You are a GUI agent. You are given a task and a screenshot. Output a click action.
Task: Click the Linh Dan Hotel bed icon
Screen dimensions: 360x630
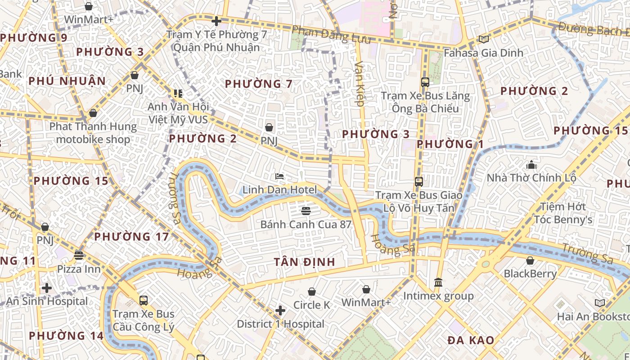[x=279, y=176]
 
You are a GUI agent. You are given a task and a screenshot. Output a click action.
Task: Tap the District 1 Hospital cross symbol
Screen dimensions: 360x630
[x=280, y=310]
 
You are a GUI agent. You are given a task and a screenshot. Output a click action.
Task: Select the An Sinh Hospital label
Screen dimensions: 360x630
[x=47, y=301]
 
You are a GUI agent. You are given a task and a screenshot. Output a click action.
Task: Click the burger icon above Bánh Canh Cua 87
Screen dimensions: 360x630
[x=306, y=211]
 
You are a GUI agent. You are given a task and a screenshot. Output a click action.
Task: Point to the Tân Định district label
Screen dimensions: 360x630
[x=305, y=262]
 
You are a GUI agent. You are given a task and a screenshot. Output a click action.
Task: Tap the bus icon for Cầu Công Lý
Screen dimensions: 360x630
[x=144, y=300]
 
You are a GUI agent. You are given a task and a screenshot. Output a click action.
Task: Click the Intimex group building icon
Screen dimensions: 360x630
[x=438, y=283]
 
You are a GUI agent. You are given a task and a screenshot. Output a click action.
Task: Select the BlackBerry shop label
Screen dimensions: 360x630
[x=530, y=273]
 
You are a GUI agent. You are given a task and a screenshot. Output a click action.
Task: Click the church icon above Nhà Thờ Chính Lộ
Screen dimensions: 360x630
[x=531, y=165]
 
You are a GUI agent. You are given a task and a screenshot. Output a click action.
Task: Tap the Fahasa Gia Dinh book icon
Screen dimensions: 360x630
[x=483, y=40]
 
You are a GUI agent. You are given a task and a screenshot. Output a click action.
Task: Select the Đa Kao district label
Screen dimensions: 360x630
[x=471, y=340]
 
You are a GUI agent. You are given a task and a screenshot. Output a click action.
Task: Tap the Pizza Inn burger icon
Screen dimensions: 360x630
[x=79, y=256]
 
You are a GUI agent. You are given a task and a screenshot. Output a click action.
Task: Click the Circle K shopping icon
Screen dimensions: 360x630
[x=311, y=292]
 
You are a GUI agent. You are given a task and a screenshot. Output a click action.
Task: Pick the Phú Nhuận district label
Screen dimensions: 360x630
[x=67, y=81]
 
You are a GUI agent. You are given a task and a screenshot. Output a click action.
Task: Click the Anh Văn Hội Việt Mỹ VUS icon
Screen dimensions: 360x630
[x=178, y=94]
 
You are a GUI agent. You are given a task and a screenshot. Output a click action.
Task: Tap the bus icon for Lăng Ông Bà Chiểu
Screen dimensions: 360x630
[x=425, y=82]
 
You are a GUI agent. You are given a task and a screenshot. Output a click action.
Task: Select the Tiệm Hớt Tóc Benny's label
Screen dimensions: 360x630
[x=563, y=213]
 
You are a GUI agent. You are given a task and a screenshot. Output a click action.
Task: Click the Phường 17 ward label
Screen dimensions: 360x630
[x=131, y=236]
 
